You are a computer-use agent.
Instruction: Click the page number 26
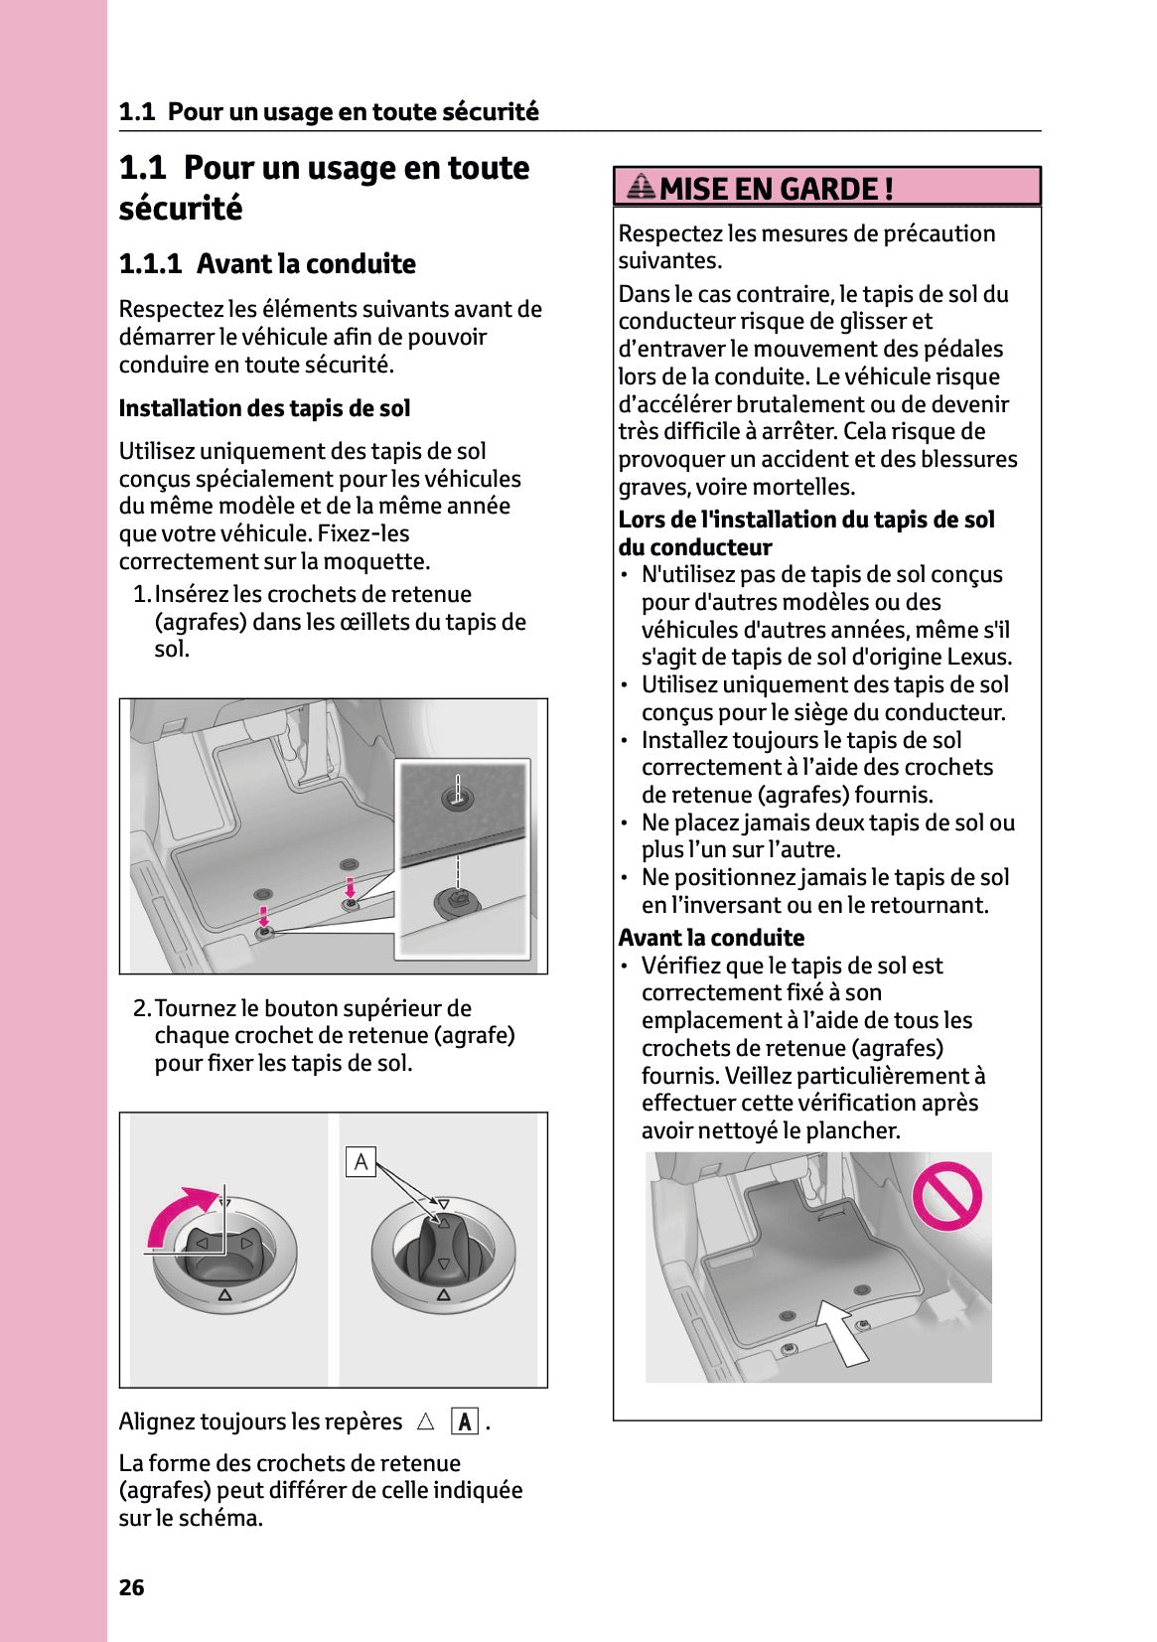pos(131,1587)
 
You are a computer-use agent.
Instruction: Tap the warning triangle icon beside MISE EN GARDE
pos(642,187)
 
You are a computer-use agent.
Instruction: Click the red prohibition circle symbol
pos(946,1196)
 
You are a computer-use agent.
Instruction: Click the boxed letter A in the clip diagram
pos(361,1161)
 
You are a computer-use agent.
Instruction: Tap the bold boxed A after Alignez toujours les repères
pos(464,1421)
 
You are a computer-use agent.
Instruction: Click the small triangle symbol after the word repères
pos(426,1421)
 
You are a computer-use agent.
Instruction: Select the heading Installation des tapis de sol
pos(264,408)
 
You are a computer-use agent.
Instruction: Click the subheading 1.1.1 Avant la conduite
pos(267,264)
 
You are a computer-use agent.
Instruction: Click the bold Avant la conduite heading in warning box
pos(711,938)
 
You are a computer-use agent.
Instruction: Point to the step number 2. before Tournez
pos(142,1008)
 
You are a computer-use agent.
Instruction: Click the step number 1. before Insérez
pos(142,594)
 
